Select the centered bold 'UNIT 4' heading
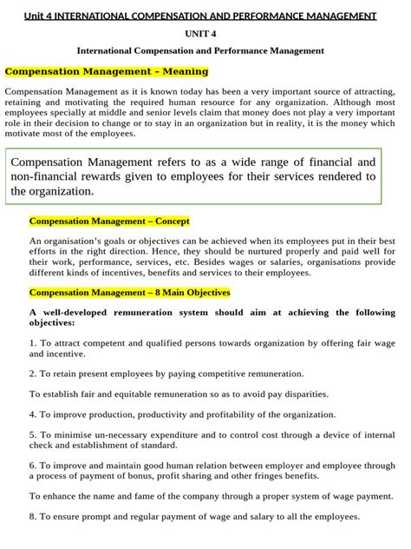pos(205,34)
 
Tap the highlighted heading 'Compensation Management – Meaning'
pos(107,71)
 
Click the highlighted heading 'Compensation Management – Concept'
pos(109,222)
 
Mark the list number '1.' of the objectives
pos(33,343)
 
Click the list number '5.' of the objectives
pos(33,434)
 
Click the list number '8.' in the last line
pos(33,517)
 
